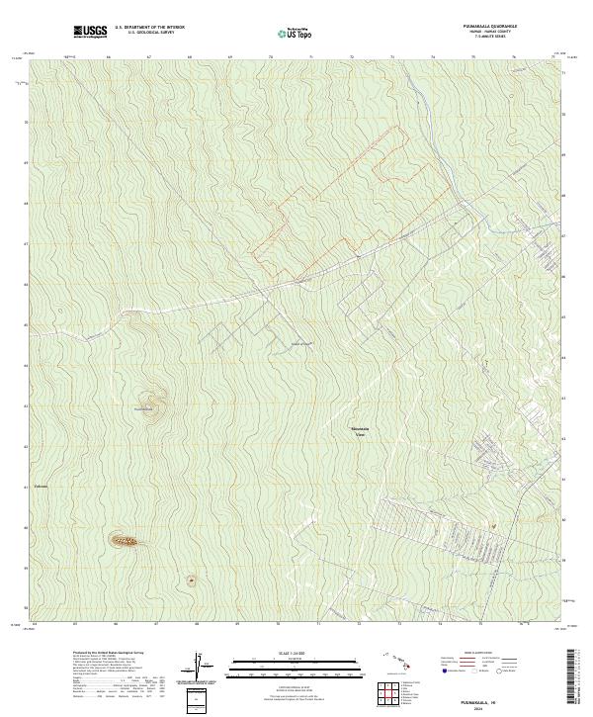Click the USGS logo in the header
tap(90, 31)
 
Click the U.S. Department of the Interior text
tap(149, 28)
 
